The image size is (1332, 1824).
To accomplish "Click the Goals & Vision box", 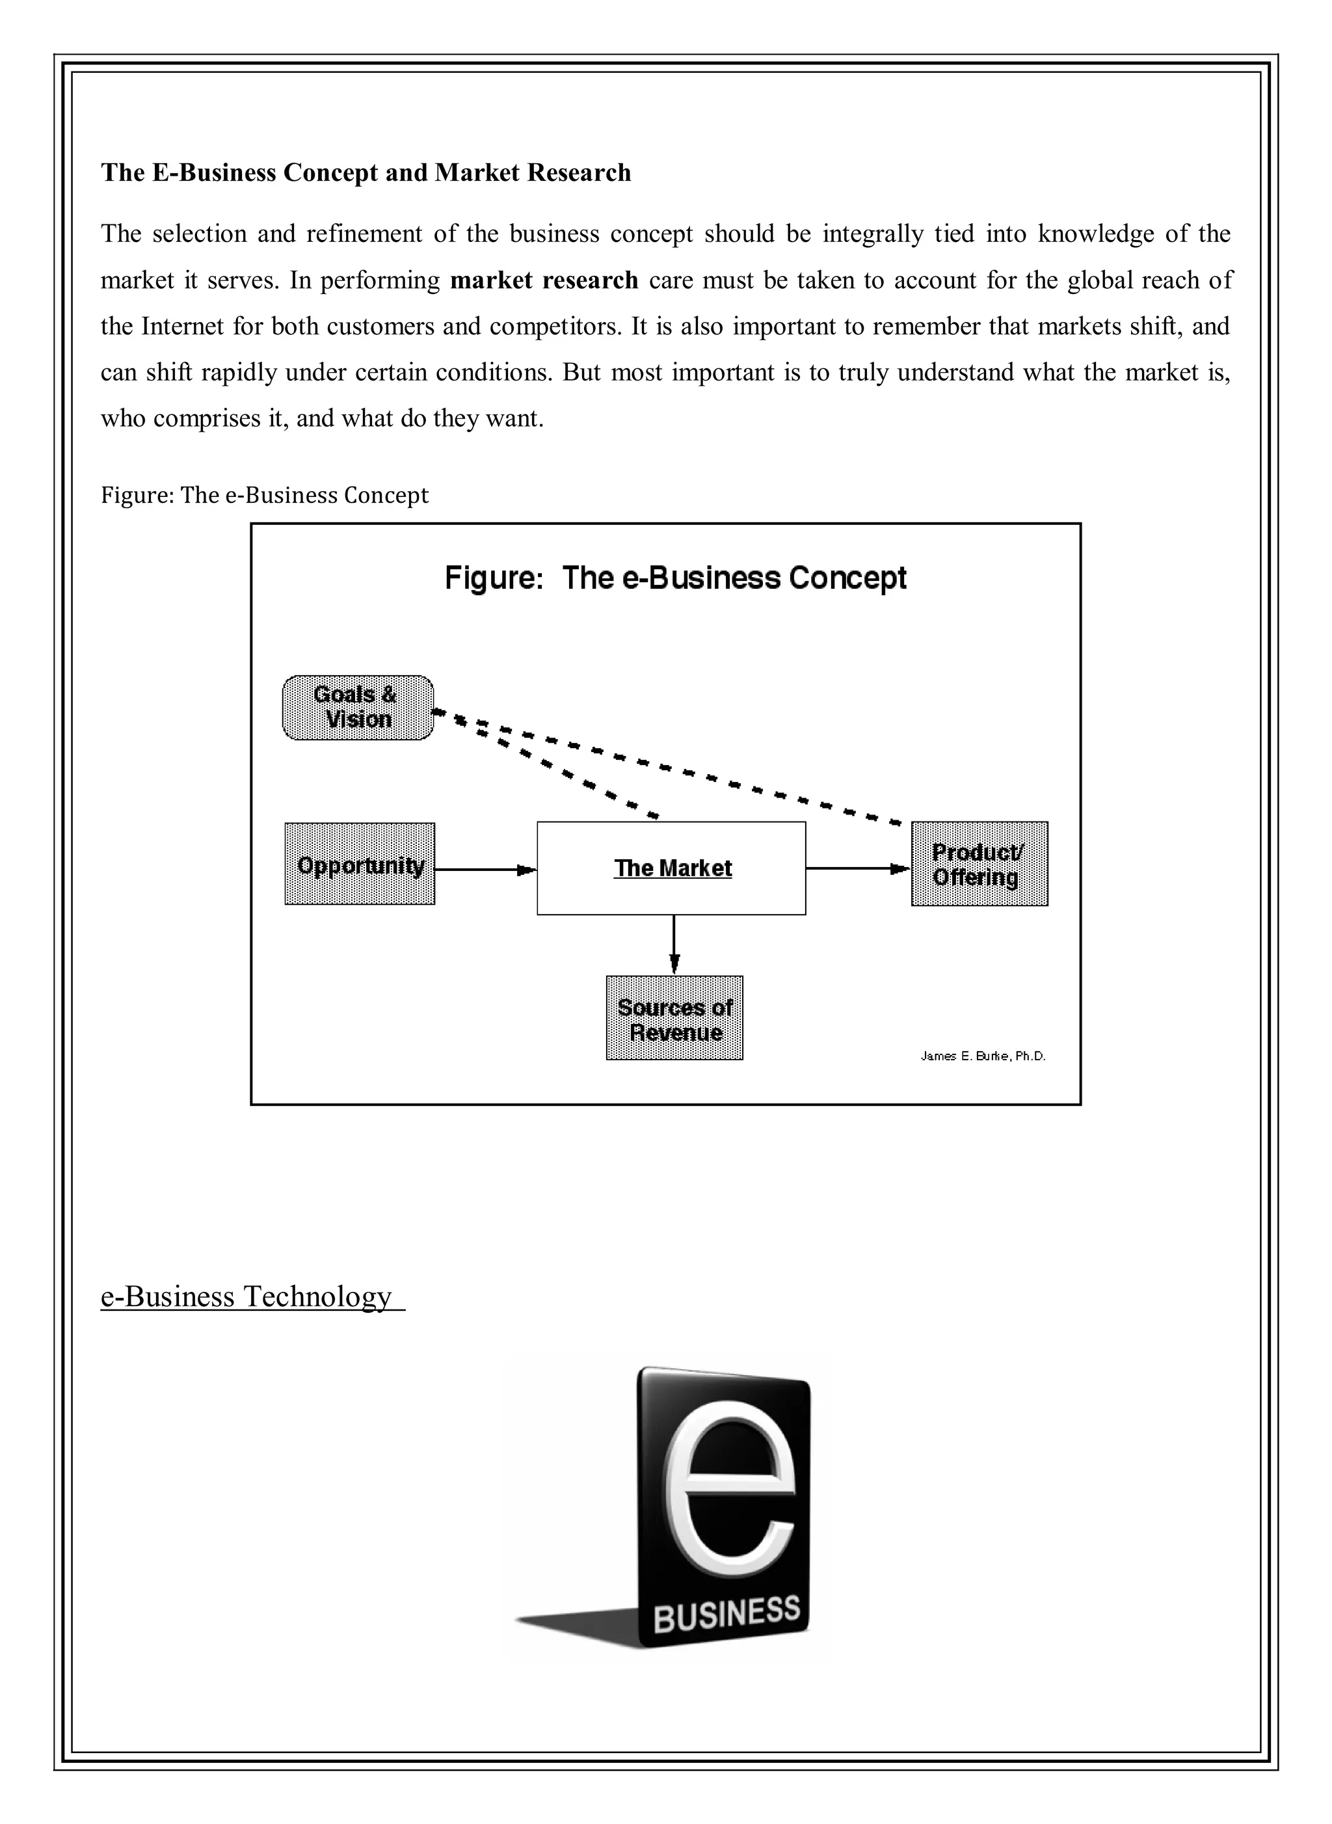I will [357, 707].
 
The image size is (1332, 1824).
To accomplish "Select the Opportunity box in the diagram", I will [360, 865].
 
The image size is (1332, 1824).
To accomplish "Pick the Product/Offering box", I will [979, 865].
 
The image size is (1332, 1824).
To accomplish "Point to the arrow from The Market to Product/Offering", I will [857, 868].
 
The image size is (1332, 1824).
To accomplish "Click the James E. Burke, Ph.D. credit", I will [983, 1056].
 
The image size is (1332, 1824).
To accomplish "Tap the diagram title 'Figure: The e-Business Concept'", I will [676, 578].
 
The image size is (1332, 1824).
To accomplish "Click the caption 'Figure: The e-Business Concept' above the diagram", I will [265, 494].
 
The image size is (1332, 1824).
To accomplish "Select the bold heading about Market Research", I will [366, 172].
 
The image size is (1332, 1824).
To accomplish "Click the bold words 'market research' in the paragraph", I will [544, 280].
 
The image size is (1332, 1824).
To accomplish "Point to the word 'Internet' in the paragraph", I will [182, 326].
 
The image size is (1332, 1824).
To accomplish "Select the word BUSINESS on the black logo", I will [726, 1615].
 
